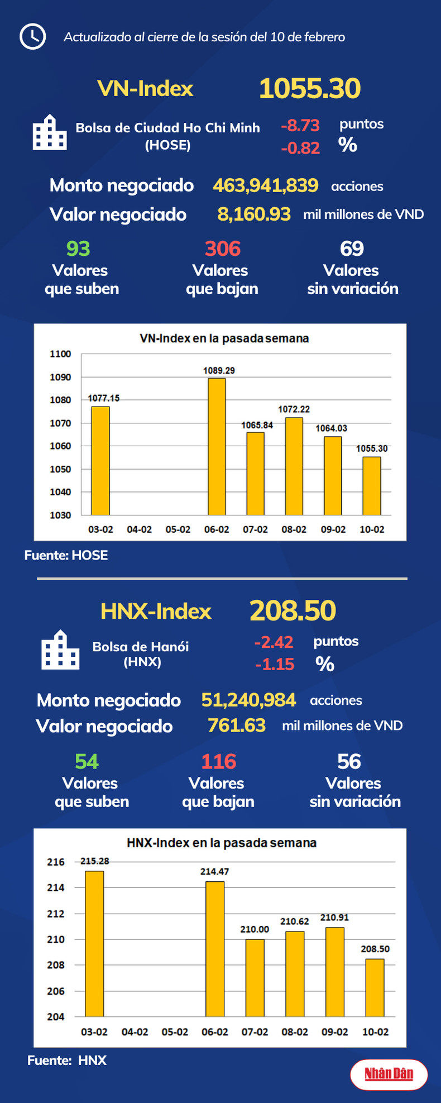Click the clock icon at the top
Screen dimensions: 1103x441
click(x=32, y=36)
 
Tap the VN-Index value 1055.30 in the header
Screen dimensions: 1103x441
click(x=310, y=89)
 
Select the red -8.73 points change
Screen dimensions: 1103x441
click(x=300, y=125)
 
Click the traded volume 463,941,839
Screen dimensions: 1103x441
click(x=266, y=185)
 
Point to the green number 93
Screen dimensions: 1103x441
click(x=78, y=249)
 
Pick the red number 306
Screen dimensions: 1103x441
click(x=222, y=249)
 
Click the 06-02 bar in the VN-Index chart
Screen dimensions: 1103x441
click(x=217, y=446)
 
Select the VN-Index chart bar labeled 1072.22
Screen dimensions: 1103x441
click(x=294, y=466)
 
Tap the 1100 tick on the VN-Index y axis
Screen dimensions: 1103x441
click(x=60, y=354)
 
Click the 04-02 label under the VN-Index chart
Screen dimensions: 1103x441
click(x=139, y=529)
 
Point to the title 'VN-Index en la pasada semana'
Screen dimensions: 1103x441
click(x=224, y=338)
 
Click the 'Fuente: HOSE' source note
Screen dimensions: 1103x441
click(x=66, y=555)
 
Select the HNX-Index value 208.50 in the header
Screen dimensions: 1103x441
click(x=293, y=610)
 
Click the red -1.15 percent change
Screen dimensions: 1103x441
click(x=275, y=664)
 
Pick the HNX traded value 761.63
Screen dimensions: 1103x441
click(x=237, y=725)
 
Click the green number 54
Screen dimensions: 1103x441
click(x=87, y=761)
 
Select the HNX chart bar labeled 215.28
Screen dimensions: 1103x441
click(x=94, y=943)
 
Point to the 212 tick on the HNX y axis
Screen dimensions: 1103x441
click(x=56, y=914)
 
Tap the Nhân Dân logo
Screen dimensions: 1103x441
click(x=389, y=1073)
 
